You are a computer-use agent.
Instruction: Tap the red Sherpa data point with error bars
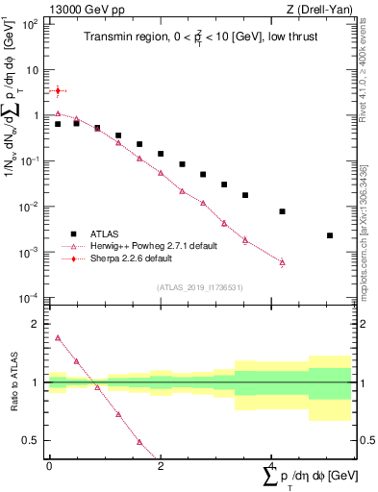(x=58, y=91)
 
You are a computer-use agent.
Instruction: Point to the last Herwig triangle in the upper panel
(x=282, y=261)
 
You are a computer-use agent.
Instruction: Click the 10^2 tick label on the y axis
(x=30, y=24)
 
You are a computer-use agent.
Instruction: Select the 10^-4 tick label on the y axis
(x=30, y=297)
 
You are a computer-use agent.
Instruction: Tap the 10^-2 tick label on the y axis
(x=30, y=207)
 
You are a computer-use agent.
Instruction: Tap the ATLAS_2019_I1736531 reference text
(x=198, y=287)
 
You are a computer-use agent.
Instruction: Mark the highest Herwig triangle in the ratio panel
(x=58, y=338)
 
